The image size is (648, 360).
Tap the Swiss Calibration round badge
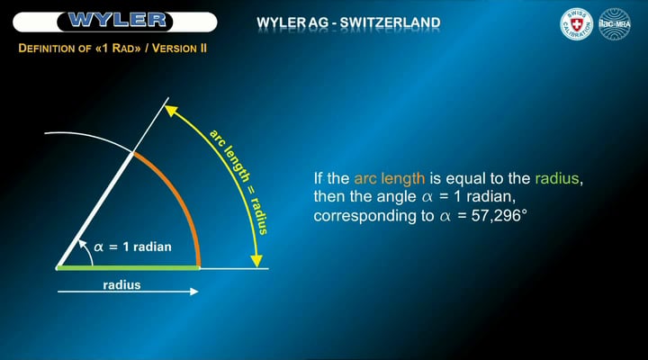576,24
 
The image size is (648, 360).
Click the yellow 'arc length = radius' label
238,179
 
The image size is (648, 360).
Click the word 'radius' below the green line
121,285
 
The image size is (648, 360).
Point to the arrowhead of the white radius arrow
193,292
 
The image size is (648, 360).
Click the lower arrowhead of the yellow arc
259,262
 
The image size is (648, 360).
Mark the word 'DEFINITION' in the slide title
50,46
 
